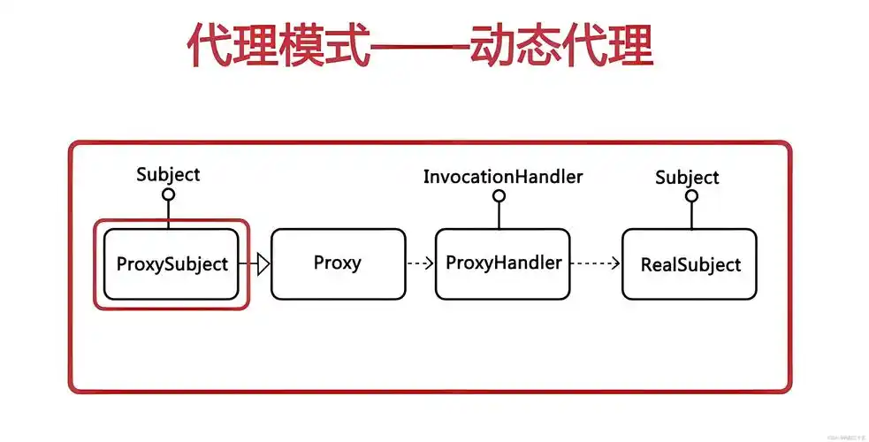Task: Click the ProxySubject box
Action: tap(172, 264)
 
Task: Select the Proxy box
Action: tap(337, 263)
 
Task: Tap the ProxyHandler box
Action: tap(503, 263)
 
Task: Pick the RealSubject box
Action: tap(690, 264)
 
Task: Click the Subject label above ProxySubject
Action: tap(168, 174)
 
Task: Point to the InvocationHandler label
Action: tap(502, 177)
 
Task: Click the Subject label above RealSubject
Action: tap(687, 178)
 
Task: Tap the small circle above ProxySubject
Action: tap(169, 194)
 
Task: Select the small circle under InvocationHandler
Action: tap(499, 195)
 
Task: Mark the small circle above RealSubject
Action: tap(690, 196)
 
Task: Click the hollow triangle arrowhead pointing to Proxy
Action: tap(262, 263)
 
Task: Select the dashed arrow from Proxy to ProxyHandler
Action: tap(420, 263)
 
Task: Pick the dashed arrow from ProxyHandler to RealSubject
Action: tap(596, 263)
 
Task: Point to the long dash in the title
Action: tap(418, 46)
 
